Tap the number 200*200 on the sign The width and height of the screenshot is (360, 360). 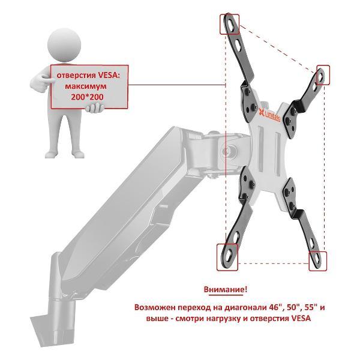(x=87, y=97)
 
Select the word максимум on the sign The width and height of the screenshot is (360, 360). (x=86, y=86)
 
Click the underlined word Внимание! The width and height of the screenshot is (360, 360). (x=226, y=289)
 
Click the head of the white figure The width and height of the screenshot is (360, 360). (x=64, y=45)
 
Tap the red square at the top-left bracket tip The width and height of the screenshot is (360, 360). (x=230, y=25)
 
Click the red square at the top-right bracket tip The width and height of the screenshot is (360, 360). (x=323, y=75)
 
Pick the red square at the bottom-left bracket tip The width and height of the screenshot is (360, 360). (x=227, y=257)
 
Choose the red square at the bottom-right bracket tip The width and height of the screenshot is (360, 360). (x=318, y=261)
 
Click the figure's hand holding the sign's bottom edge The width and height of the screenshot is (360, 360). (x=94, y=108)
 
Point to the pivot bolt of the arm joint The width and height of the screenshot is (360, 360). (x=226, y=151)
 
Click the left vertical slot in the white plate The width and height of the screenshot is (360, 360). (x=261, y=151)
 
